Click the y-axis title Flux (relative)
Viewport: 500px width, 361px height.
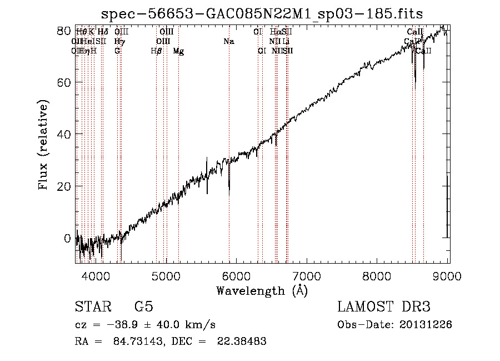coord(44,145)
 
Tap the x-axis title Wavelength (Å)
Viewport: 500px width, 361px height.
coord(262,290)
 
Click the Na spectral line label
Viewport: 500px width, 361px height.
coord(228,41)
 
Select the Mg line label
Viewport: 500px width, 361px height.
coord(178,51)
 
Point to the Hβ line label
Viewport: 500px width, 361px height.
coord(156,51)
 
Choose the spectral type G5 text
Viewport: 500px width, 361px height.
coord(144,307)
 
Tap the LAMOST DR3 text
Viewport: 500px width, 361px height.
coord(384,307)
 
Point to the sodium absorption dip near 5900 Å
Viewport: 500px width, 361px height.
coord(229,186)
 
